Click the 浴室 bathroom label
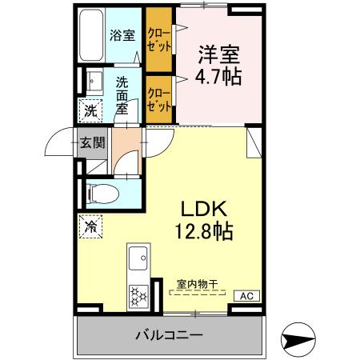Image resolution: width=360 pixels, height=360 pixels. point(122,36)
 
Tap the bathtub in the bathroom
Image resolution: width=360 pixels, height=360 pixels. point(92,37)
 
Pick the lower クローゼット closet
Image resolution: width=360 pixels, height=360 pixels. point(158,98)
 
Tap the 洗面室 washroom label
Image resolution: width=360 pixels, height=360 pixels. point(122,94)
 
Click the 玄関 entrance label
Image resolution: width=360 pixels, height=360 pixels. point(92,143)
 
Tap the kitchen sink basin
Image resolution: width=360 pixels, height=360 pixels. point(137,259)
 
